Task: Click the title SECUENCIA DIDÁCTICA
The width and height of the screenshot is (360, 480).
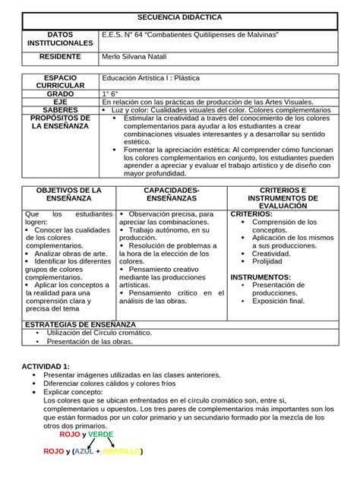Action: tap(180, 17)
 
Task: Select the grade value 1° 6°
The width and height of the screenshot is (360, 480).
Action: tap(112, 93)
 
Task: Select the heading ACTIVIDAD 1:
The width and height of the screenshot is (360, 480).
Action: tap(46, 366)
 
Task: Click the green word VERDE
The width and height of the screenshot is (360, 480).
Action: tap(101, 434)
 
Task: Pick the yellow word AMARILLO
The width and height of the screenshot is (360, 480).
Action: tap(122, 451)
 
